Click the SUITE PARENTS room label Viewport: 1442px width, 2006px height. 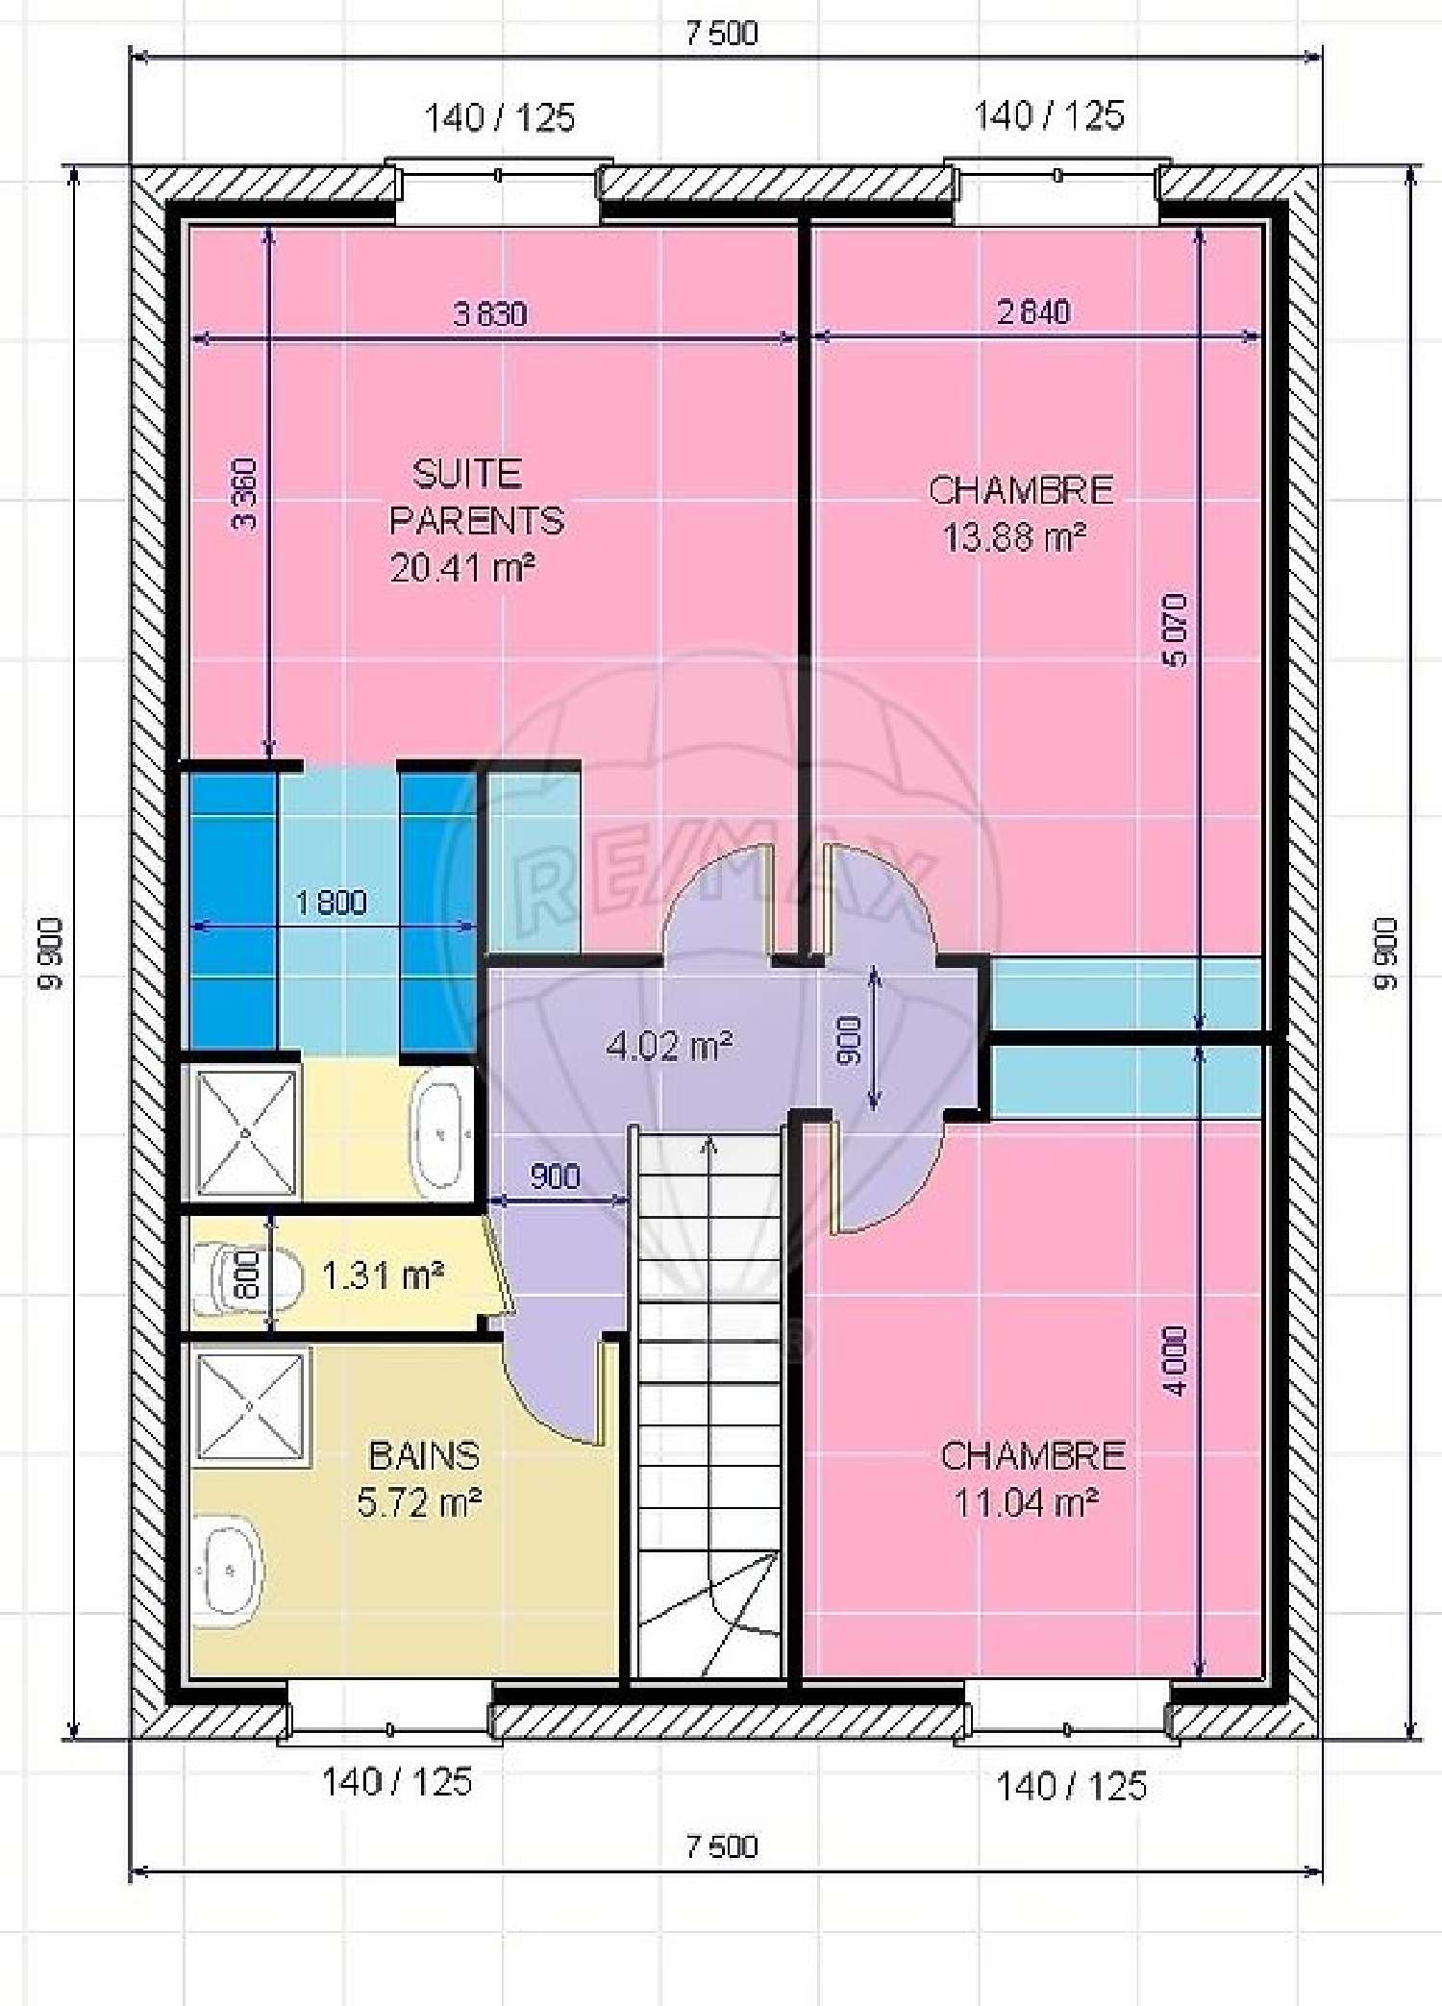(475, 497)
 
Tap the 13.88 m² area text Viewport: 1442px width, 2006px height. (1014, 537)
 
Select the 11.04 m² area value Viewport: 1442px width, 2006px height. (1026, 1501)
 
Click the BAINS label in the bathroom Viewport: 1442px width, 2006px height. (423, 1455)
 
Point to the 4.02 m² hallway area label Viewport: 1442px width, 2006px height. (670, 1045)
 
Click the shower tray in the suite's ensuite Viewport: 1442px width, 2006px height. (245, 1134)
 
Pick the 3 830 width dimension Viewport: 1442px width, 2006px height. (489, 313)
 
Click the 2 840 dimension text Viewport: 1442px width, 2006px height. (1033, 311)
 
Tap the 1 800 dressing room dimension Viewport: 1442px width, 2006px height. (330, 902)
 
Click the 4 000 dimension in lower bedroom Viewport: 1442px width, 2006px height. (1175, 1360)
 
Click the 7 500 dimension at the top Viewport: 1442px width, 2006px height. (721, 33)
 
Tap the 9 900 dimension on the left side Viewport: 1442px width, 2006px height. (49, 953)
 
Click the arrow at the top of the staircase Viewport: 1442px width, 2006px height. (709, 1144)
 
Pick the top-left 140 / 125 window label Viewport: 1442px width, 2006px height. (499, 118)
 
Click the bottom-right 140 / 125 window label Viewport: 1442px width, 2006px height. (1071, 1786)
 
